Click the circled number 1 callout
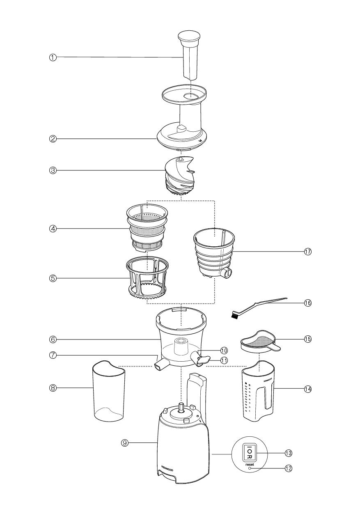53,57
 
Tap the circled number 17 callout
308,252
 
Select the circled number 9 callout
124,443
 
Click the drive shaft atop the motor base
181,407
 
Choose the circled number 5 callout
53,278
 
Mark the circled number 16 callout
308,303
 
